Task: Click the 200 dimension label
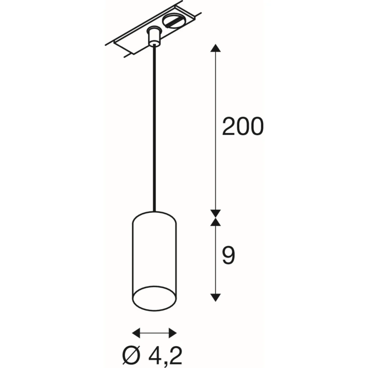point(243,126)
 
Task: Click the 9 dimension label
point(228,256)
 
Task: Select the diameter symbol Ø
point(131,355)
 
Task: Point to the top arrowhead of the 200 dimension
point(215,48)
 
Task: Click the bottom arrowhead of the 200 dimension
point(215,213)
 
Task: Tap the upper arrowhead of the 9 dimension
point(215,222)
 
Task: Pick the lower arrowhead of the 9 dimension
point(215,297)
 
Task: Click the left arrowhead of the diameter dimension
point(136,333)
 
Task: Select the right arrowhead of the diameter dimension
point(173,333)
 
